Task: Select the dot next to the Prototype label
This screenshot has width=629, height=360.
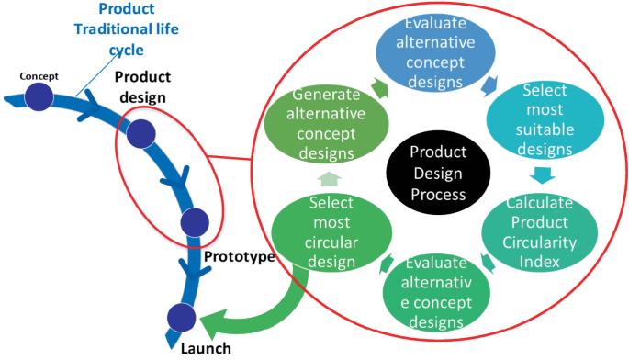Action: [195, 222]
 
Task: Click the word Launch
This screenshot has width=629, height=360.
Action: [206, 348]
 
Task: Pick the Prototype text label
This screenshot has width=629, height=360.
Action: [239, 256]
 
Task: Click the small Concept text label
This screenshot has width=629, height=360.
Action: [39, 75]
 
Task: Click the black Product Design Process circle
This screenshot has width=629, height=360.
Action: [438, 173]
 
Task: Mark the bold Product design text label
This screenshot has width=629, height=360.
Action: [142, 88]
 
